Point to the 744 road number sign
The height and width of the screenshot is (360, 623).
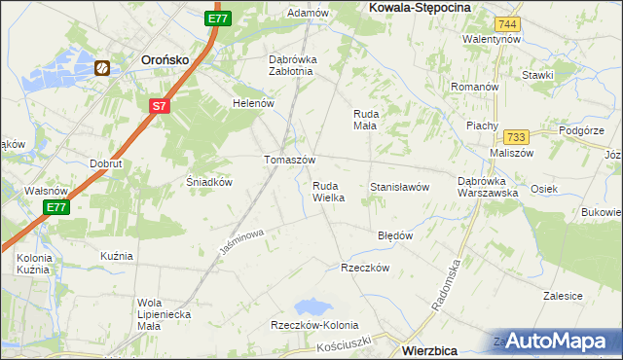505,23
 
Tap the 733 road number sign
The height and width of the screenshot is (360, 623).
517,137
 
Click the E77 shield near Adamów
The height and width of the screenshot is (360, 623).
218,18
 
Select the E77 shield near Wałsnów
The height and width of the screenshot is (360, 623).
55,207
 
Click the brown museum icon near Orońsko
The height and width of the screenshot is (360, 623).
102,67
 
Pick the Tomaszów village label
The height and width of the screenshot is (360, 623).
289,160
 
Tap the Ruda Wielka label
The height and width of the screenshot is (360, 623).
328,191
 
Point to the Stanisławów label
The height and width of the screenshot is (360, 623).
399,188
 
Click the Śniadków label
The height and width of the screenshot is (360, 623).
207,181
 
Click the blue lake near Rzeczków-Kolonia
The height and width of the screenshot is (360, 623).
313,306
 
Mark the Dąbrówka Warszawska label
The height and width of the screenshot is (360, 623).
488,186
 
